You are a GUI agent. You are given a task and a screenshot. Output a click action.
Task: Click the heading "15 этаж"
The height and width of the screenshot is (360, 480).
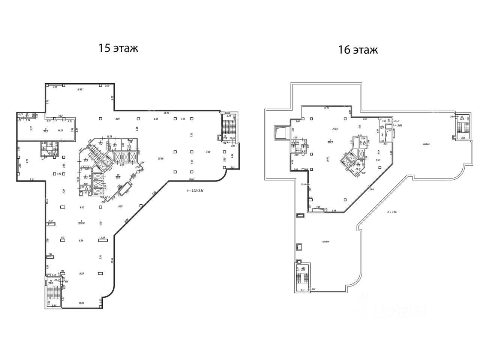[118, 48]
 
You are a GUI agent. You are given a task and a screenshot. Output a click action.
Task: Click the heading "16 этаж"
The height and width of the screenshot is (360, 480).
[358, 50]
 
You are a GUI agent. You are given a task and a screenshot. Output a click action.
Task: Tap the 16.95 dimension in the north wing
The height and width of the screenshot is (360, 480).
[79, 90]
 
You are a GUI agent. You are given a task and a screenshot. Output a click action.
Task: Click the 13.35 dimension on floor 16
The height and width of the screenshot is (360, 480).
[326, 108]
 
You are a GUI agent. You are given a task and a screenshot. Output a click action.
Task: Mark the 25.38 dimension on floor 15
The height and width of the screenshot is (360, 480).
[160, 159]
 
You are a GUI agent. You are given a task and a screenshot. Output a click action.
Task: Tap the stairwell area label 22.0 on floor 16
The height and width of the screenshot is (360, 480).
[462, 119]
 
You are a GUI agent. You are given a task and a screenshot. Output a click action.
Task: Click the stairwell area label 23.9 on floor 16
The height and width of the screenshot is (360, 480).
[303, 269]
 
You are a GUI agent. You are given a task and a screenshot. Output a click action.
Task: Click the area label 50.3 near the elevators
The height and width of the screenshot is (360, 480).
[118, 177]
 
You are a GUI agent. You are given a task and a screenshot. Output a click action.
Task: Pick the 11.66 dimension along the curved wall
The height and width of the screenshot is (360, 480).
[192, 179]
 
